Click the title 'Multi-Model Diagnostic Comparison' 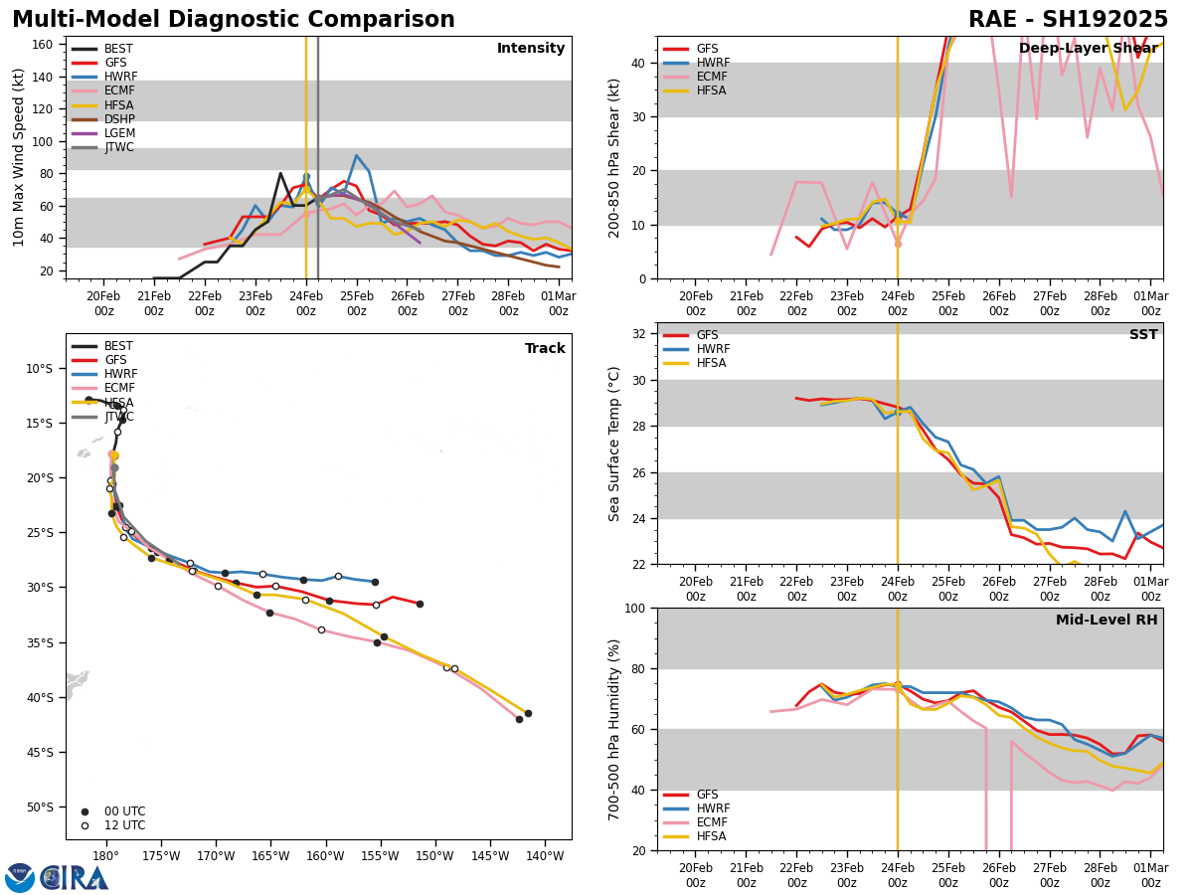click(x=234, y=20)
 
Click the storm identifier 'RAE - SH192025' click(x=1068, y=20)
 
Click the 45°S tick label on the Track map click(x=39, y=752)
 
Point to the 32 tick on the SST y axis click(x=639, y=334)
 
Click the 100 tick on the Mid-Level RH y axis click(x=635, y=608)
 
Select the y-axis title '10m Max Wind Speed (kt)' click(x=19, y=157)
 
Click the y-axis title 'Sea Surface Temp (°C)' click(x=614, y=444)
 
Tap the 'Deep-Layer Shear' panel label click(x=1088, y=49)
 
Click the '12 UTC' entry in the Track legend click(x=117, y=825)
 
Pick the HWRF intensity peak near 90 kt click(x=356, y=155)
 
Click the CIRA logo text click(x=75, y=878)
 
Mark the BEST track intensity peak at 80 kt click(x=280, y=173)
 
